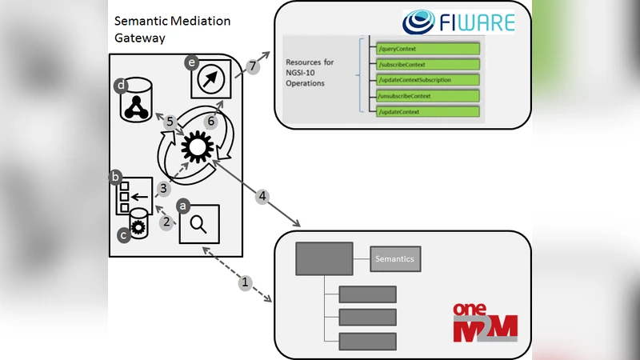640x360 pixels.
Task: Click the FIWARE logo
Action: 458,22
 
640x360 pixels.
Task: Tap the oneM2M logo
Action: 485,321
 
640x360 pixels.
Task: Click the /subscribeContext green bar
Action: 427,64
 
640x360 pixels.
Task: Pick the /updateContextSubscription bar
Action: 427,80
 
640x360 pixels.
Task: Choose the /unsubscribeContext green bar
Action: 427,96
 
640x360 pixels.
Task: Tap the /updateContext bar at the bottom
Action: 427,112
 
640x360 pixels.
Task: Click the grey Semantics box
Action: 396,259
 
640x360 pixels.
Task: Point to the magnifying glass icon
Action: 200,224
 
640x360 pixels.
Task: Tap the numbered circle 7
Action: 252,67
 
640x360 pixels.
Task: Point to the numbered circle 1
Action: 246,282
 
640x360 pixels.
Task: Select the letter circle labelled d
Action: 120,85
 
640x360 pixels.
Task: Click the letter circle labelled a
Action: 183,206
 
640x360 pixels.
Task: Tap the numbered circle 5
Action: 170,122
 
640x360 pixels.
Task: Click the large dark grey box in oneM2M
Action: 324,260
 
